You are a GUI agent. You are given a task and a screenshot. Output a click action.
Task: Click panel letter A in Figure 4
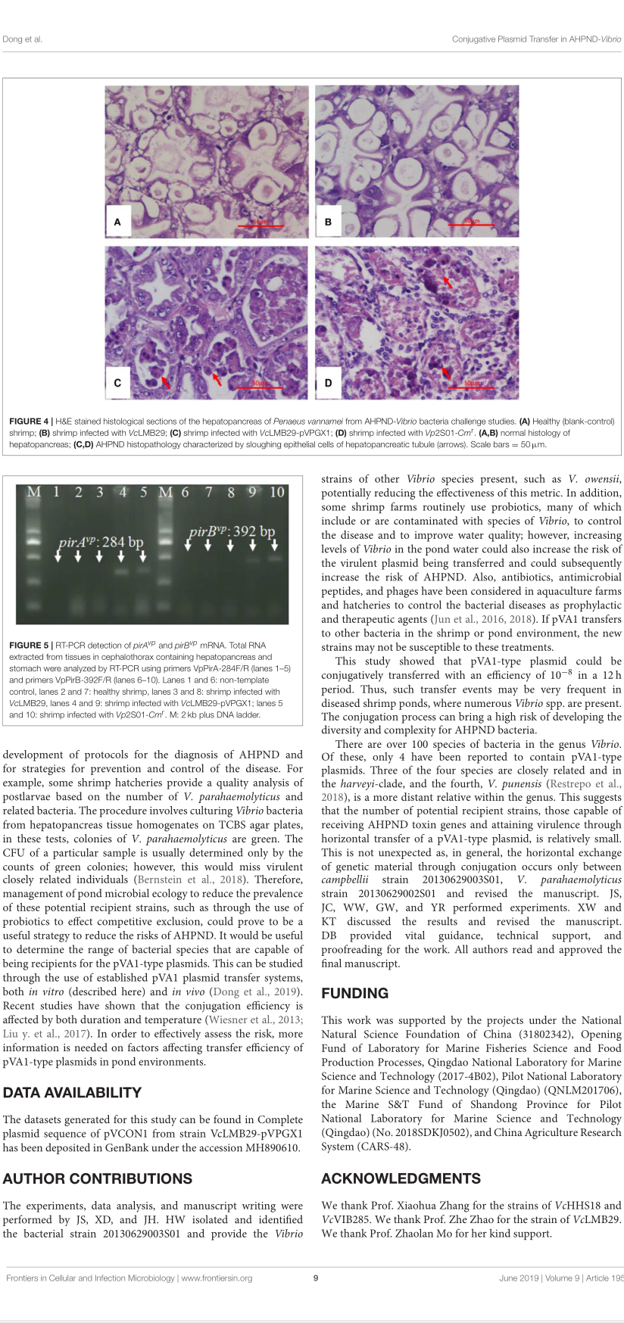(x=117, y=222)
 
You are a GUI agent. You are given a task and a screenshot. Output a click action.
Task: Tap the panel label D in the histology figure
(x=328, y=383)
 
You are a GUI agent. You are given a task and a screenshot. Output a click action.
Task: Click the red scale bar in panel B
(x=471, y=225)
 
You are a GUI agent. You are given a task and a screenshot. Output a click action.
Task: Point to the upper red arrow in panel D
(x=448, y=282)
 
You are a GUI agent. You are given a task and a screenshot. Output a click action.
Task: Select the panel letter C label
(x=117, y=383)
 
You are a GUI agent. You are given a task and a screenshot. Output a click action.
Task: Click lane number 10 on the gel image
(x=276, y=492)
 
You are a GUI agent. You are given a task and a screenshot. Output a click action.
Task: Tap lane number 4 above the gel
(x=123, y=492)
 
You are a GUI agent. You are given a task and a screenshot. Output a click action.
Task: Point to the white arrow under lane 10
(x=275, y=544)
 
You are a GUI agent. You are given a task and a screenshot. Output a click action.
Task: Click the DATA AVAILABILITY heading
(x=72, y=1092)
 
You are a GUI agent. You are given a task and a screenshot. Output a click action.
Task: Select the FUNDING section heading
(x=354, y=993)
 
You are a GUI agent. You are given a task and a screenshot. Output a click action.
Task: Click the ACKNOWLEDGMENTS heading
(x=401, y=1178)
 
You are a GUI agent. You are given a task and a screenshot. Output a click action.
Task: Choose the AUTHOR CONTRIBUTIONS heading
(x=97, y=1178)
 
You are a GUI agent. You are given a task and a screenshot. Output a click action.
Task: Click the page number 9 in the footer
(x=316, y=1278)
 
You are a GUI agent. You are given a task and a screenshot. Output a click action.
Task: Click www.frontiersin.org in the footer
(x=217, y=1278)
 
